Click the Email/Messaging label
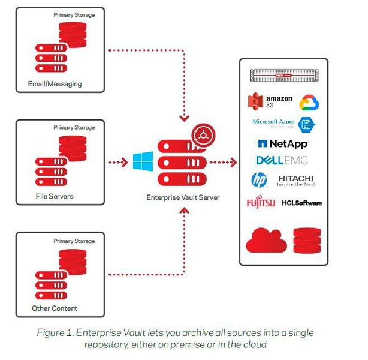tap(55, 83)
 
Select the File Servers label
tap(54, 196)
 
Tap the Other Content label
tap(55, 309)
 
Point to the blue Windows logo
tap(143, 161)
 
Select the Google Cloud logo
tap(309, 103)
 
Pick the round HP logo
tap(259, 180)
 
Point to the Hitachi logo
tap(296, 180)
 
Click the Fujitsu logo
tap(261, 203)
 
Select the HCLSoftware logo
tap(301, 203)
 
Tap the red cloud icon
tap(263, 240)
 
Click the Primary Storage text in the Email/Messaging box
tap(74, 14)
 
